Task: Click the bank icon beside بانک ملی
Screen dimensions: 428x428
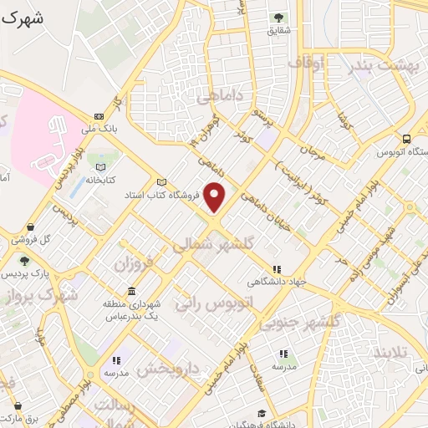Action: tap(99, 117)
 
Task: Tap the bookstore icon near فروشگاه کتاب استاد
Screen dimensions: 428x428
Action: tap(161, 183)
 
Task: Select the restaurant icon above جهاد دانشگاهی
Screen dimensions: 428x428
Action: tap(275, 269)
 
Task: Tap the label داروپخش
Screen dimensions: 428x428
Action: tap(169, 369)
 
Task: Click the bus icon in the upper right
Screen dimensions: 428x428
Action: tap(406, 140)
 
